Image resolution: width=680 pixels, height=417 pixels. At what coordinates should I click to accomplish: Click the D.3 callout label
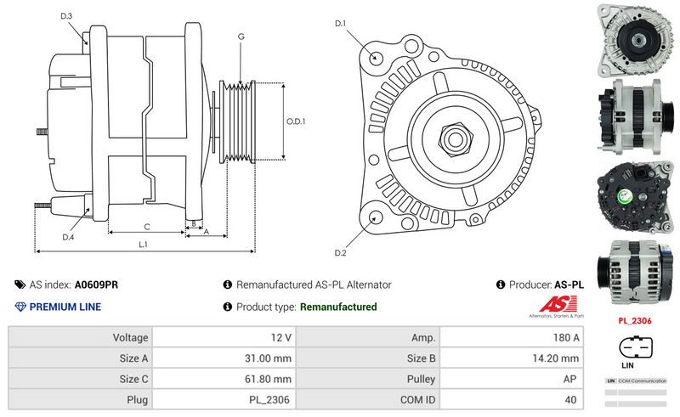pos(66,16)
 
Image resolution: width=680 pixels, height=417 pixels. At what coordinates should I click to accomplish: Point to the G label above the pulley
pos(241,37)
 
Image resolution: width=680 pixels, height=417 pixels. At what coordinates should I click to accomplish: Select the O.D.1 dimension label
pos(295,121)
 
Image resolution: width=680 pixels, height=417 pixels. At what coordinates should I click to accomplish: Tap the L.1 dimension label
pos(144,245)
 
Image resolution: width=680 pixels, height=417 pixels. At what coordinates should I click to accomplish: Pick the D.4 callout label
pos(68,237)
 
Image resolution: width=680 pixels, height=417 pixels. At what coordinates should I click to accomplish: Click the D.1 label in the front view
pos(340,23)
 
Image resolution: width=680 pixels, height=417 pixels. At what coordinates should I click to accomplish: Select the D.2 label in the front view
pos(340,252)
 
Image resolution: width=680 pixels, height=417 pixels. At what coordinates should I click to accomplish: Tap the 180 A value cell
pos(512,337)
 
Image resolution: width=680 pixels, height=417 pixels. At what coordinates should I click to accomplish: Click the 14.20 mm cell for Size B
pos(512,358)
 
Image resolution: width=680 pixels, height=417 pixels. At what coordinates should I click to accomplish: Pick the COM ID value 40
pos(512,399)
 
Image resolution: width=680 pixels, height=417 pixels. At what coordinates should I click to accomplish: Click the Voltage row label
pos(125,337)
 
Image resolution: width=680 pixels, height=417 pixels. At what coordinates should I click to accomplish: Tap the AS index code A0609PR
pos(96,285)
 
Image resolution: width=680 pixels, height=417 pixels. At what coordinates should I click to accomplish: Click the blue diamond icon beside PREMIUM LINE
pos(20,307)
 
